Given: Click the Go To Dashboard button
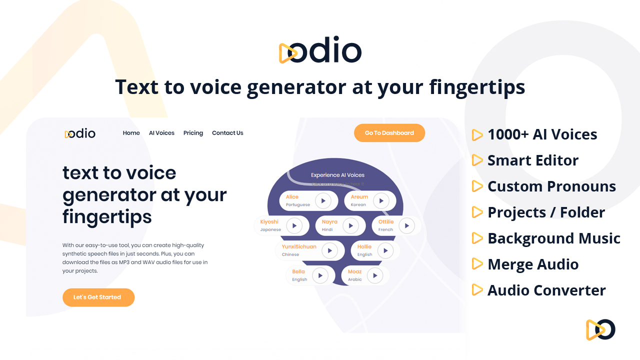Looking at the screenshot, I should point(389,133).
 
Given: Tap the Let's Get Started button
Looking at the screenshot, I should point(98,297).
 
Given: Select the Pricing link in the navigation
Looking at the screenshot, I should point(193,133).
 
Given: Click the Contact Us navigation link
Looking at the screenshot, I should point(227,133).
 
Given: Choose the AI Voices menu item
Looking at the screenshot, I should point(161,133).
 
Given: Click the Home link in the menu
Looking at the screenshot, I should point(131,133).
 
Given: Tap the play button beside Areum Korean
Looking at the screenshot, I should point(381,201).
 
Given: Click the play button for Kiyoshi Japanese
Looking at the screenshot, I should point(294,226).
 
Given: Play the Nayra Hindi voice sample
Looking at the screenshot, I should point(350,226).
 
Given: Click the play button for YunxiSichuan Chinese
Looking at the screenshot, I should point(329,250).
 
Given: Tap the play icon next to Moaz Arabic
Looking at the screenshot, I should point(374,275).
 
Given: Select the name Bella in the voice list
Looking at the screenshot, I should point(298,272).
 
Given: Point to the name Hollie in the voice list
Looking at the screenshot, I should point(364,247).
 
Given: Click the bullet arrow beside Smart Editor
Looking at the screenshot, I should point(477,160).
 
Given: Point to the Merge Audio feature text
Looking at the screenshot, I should point(533,264).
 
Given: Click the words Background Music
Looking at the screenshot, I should point(554,238).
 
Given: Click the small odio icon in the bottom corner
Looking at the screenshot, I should point(600,329).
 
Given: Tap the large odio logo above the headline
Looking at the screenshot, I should point(320,50).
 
